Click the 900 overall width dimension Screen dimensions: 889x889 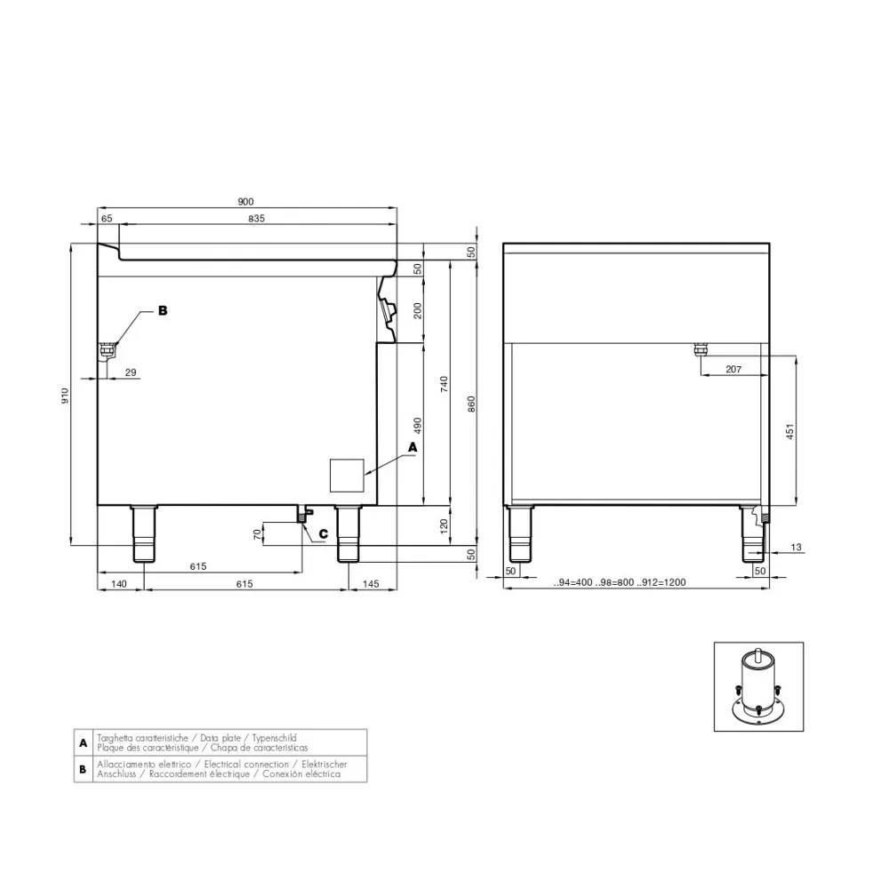[246, 202]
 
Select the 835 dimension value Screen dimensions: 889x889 [257, 218]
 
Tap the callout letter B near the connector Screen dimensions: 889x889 [162, 311]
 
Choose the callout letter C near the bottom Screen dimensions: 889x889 [323, 534]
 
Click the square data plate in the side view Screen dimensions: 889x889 [348, 475]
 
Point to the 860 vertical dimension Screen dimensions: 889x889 [471, 402]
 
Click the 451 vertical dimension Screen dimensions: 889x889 [789, 432]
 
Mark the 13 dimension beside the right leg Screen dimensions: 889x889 [796, 547]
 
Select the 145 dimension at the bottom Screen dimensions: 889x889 [372, 584]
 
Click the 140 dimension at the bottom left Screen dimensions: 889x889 [119, 584]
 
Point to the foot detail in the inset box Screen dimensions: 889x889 [758, 687]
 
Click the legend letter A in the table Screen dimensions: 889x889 [83, 742]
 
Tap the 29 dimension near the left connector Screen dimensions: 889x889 [131, 372]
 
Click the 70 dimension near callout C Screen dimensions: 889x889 [258, 534]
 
